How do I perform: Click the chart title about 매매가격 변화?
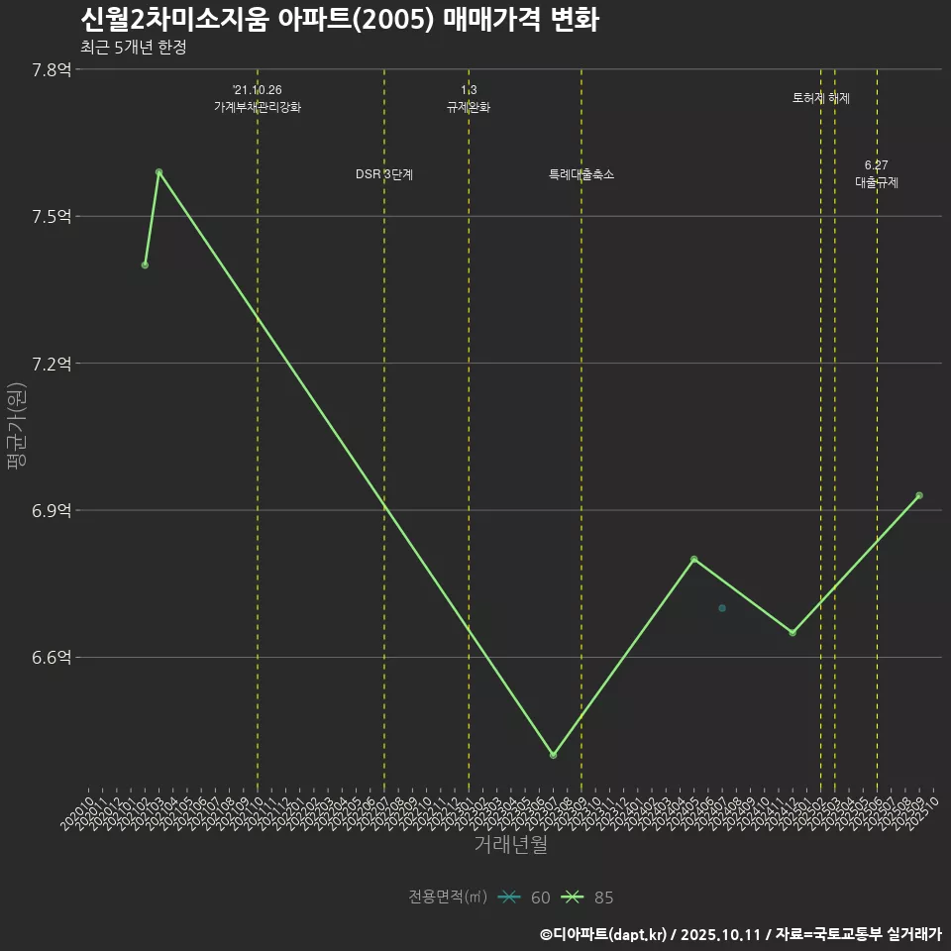(339, 21)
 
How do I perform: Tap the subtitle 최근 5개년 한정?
(133, 48)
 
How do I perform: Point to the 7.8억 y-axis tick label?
(52, 69)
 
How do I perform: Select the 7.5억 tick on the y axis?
(52, 217)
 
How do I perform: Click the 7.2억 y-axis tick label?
(52, 364)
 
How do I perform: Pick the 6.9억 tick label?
(52, 511)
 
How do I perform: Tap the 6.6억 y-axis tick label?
(52, 658)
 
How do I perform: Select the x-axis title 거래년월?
(510, 845)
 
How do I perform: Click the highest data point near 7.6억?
(158, 172)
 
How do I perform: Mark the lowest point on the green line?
(553, 756)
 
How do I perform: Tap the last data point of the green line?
(919, 495)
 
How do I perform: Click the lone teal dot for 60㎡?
(722, 608)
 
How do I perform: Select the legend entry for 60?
(525, 898)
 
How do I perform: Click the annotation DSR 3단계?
(384, 175)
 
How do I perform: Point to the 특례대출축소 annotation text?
(581, 175)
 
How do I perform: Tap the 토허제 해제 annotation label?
(821, 98)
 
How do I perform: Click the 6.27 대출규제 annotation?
(877, 174)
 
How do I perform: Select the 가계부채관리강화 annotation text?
(258, 107)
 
